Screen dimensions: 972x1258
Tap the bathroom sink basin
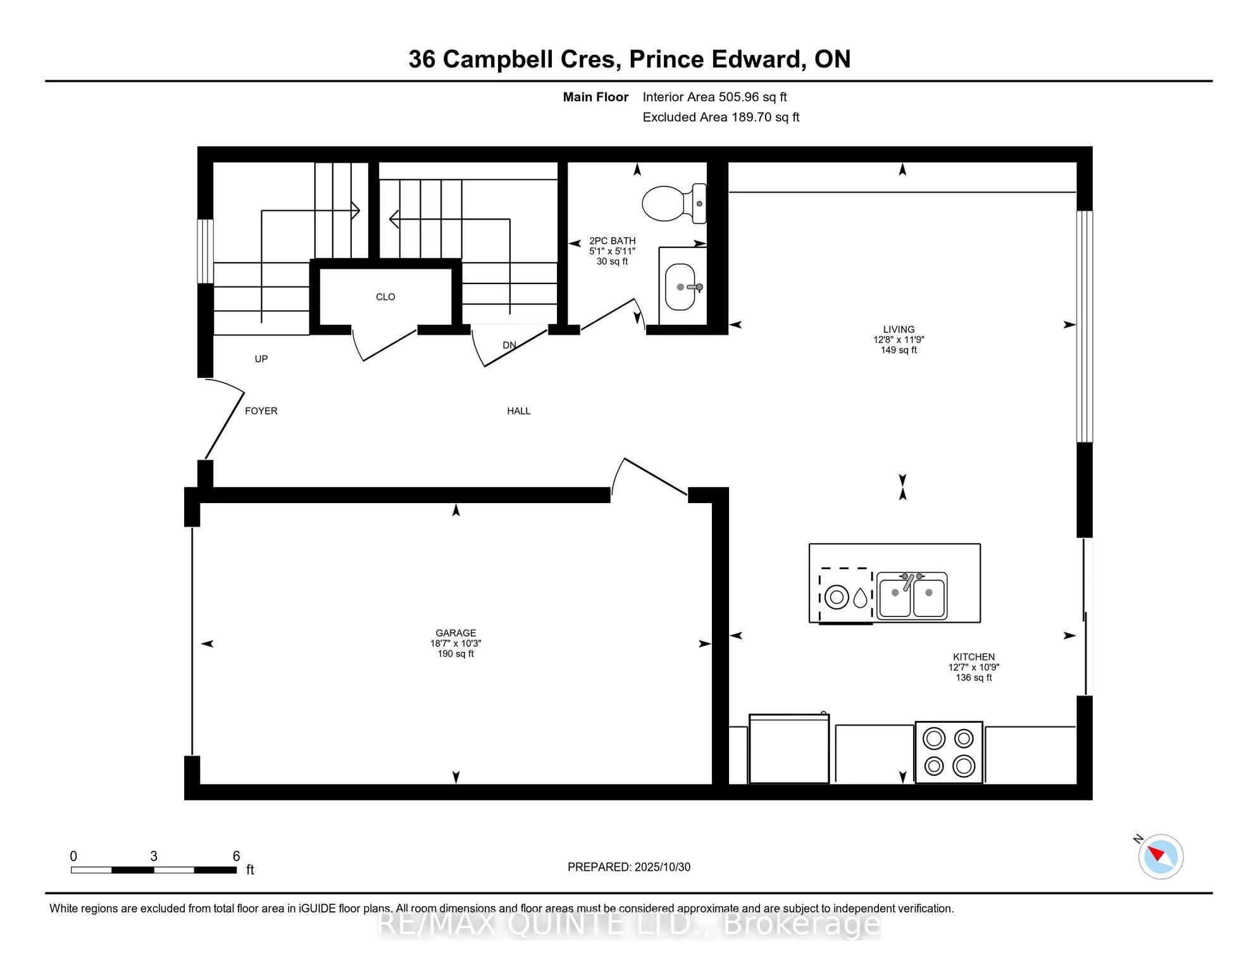pos(680,287)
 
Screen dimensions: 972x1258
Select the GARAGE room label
pos(455,633)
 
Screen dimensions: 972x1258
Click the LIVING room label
pos(898,330)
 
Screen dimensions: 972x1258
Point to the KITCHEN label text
pos(973,657)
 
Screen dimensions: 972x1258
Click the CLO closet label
pos(385,297)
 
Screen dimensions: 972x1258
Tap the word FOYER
pos(261,411)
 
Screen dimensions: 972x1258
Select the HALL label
pos(518,411)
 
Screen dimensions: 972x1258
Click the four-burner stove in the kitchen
pos(948,752)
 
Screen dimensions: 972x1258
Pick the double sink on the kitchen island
pos(911,595)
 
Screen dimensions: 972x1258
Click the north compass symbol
pos(1160,856)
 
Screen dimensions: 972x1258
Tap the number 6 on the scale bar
pos(236,856)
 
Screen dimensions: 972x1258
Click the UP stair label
pos(261,359)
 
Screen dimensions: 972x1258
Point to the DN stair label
pos(509,345)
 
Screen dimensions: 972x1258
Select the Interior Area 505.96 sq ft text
pos(714,97)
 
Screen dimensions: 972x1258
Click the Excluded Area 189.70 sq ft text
pos(721,117)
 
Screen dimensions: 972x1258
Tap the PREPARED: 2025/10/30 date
pos(628,867)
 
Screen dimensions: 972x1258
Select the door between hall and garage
pos(652,478)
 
